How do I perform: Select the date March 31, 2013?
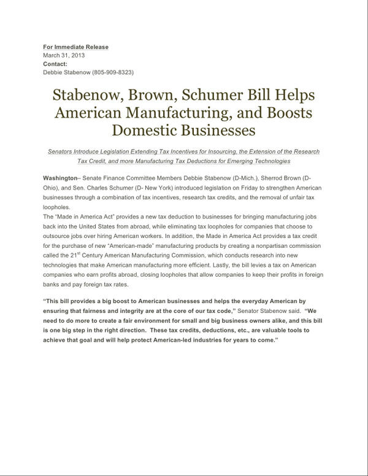tap(64, 55)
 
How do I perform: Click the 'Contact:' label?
tap(55, 63)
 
